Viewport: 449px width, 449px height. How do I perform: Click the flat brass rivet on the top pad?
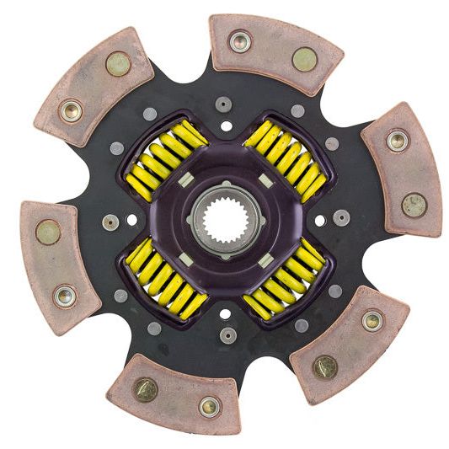point(304,58)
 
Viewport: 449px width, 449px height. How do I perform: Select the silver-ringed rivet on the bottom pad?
point(207,406)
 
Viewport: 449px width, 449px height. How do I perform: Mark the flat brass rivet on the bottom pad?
point(146,388)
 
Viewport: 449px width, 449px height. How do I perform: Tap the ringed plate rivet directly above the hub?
point(224,104)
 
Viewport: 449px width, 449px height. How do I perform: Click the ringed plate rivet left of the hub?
point(108,222)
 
